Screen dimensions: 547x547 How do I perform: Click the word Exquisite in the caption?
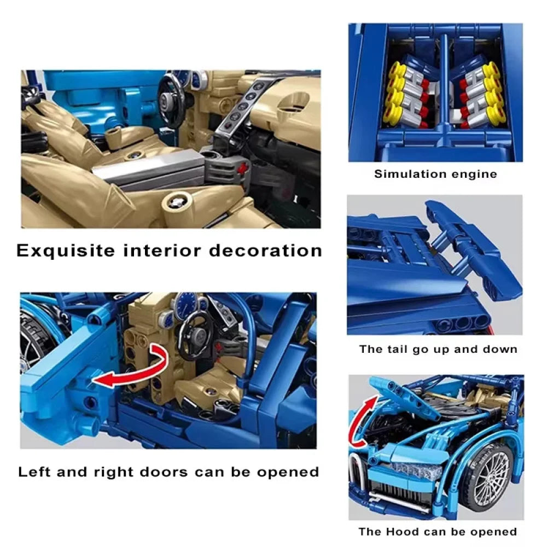66,251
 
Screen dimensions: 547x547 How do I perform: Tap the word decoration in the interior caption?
265,251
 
